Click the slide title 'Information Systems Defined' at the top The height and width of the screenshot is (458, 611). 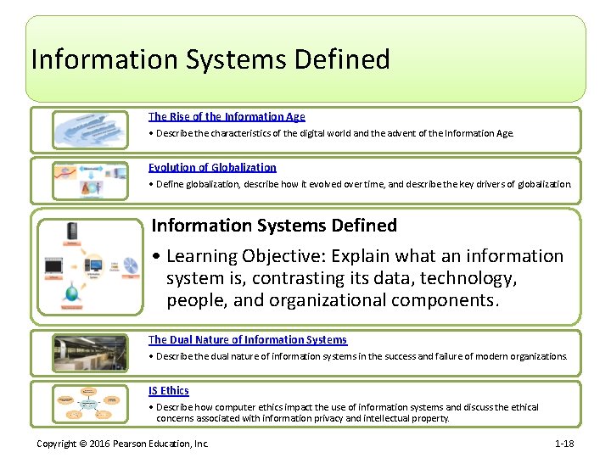[x=210, y=59]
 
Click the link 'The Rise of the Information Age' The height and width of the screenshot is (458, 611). [x=227, y=117]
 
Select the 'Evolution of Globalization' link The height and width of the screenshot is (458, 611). [x=212, y=168]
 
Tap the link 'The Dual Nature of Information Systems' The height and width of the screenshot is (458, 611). [x=247, y=340]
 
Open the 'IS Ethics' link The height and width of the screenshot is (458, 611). [x=169, y=391]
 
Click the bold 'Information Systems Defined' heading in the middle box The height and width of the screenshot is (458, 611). [x=273, y=226]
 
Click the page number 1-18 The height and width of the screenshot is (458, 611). [x=564, y=444]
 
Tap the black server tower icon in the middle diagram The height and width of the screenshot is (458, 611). [x=75, y=232]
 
